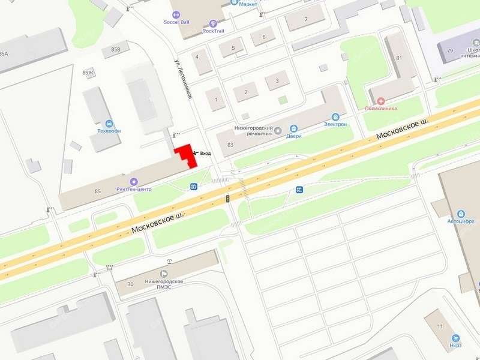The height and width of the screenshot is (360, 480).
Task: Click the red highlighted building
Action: point(186,155)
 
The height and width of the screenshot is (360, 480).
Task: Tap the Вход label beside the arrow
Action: point(205,153)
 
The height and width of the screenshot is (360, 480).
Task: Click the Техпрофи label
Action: point(109,130)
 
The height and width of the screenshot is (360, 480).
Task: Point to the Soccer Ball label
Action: point(176,22)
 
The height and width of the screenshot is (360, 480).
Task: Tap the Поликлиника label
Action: point(381,109)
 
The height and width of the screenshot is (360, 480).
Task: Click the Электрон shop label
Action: point(335,124)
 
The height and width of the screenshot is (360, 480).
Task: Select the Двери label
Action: point(293,136)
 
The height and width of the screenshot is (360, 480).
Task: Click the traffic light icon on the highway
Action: point(228,198)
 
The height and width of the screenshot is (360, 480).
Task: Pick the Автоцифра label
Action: point(461,220)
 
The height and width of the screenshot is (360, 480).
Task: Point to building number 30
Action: point(130,284)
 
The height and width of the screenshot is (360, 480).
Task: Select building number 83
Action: point(230,145)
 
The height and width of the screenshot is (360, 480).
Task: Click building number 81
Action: point(398,58)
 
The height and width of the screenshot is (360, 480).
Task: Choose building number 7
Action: point(306,19)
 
